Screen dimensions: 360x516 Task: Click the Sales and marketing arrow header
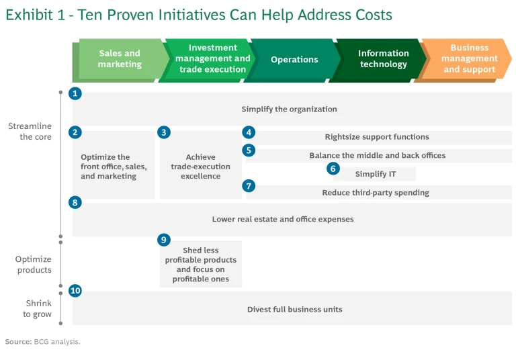120,59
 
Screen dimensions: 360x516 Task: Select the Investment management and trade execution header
212,59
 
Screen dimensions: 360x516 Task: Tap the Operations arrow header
294,60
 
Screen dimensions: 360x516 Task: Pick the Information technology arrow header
383,59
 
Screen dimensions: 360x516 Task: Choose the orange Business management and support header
469,59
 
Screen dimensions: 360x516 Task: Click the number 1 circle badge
75,94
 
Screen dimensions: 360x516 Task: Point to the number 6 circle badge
333,169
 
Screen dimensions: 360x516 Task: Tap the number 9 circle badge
164,240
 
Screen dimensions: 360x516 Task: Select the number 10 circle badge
75,291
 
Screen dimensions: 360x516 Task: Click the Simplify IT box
375,175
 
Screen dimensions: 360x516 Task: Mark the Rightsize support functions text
376,137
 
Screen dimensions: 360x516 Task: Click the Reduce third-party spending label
375,193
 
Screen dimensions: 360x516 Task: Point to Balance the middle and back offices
377,155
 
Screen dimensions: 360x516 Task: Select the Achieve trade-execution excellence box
200,167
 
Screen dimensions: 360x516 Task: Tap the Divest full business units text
294,310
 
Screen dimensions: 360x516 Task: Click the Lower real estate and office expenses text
282,219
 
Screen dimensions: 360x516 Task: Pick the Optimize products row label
34,265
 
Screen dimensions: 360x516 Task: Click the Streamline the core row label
30,132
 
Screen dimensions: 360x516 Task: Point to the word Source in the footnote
18,342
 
